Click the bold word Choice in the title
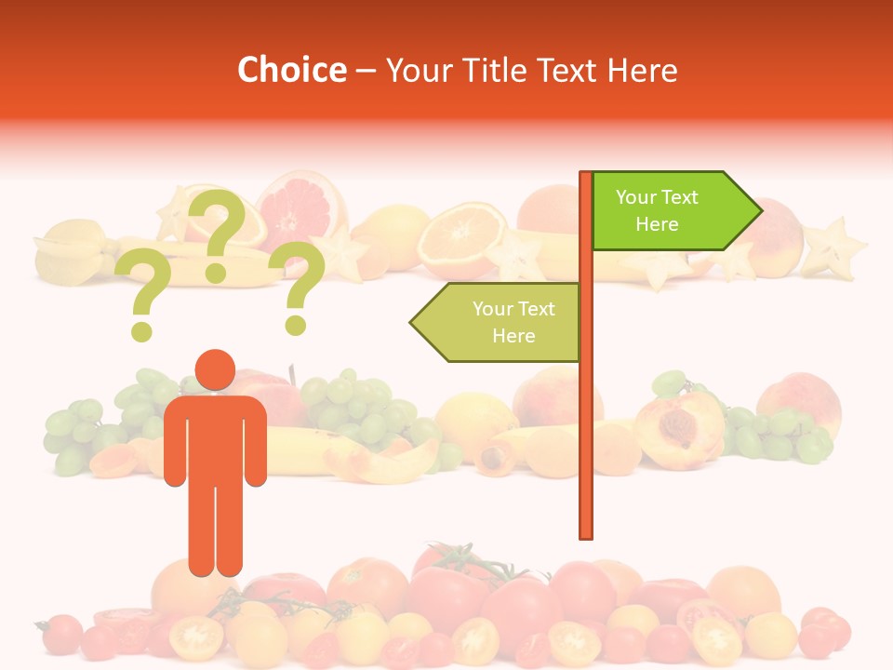click(x=291, y=70)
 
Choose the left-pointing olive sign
click(x=498, y=322)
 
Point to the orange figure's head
click(x=215, y=370)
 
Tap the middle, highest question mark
click(x=217, y=233)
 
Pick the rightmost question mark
click(x=299, y=287)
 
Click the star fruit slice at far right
click(x=833, y=247)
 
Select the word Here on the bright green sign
click(x=657, y=224)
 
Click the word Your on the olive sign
click(x=491, y=309)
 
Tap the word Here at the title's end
click(x=643, y=70)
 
